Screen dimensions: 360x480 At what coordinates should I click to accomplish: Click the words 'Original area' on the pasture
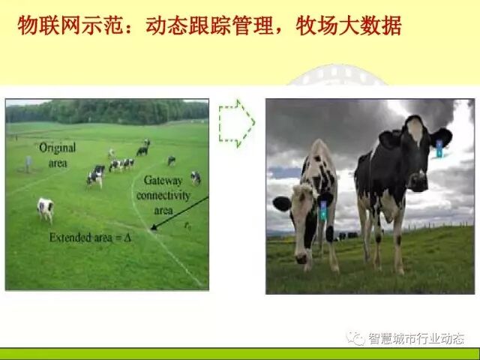(x=56, y=155)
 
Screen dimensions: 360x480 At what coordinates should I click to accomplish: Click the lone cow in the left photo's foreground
(x=46, y=208)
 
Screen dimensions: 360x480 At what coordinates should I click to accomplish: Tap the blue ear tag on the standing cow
(x=439, y=148)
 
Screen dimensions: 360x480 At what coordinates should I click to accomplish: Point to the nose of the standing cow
(x=417, y=181)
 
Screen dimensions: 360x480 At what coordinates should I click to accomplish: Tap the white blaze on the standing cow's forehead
(x=414, y=131)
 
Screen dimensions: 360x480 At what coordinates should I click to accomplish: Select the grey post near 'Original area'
(x=28, y=163)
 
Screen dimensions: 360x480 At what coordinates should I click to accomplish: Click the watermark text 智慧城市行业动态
(x=415, y=339)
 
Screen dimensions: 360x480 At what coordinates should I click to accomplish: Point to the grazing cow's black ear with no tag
(x=282, y=203)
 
